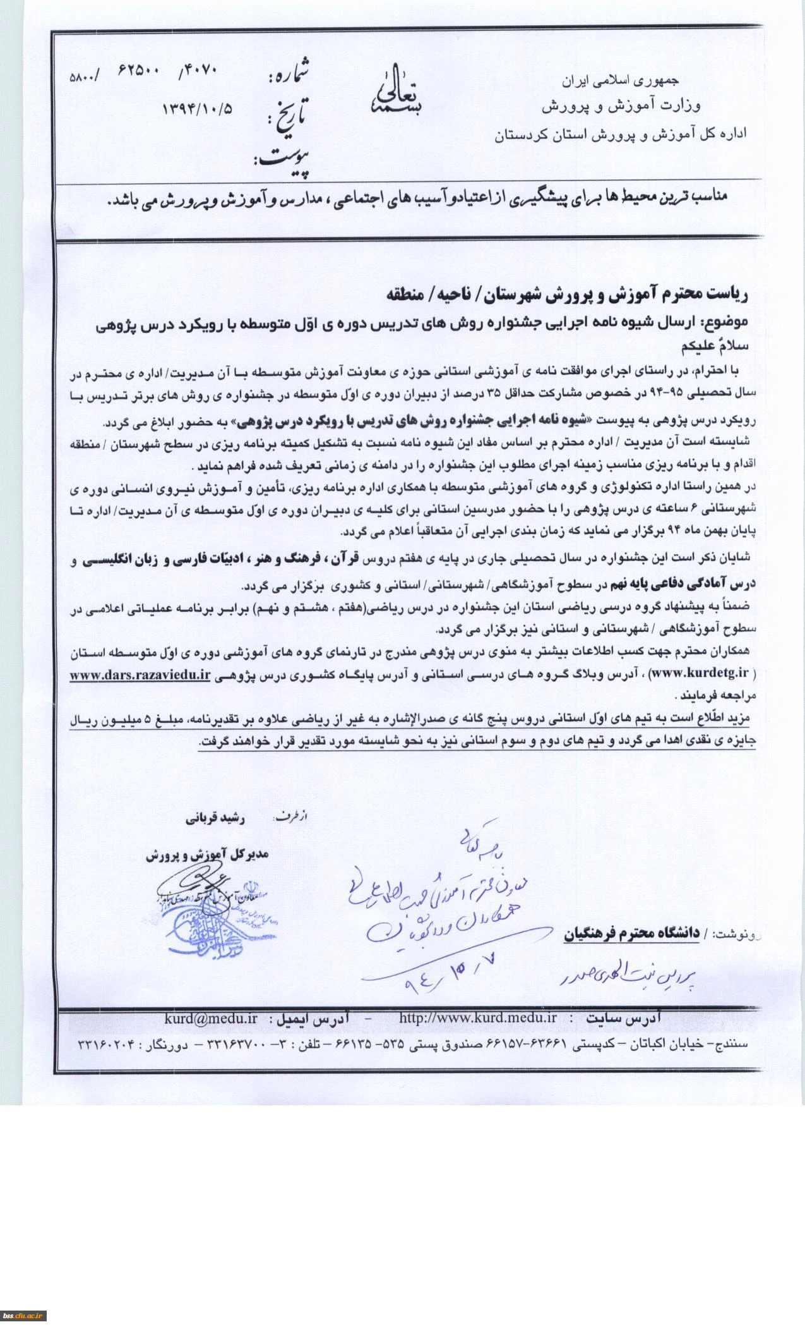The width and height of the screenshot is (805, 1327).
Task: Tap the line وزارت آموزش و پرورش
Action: point(621,106)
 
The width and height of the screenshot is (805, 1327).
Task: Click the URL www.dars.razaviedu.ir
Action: point(140,674)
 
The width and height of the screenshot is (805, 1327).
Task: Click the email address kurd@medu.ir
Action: point(211,1019)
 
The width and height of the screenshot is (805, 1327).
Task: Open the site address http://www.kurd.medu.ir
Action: point(478,1018)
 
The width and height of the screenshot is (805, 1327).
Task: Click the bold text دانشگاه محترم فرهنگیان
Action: point(631,933)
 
